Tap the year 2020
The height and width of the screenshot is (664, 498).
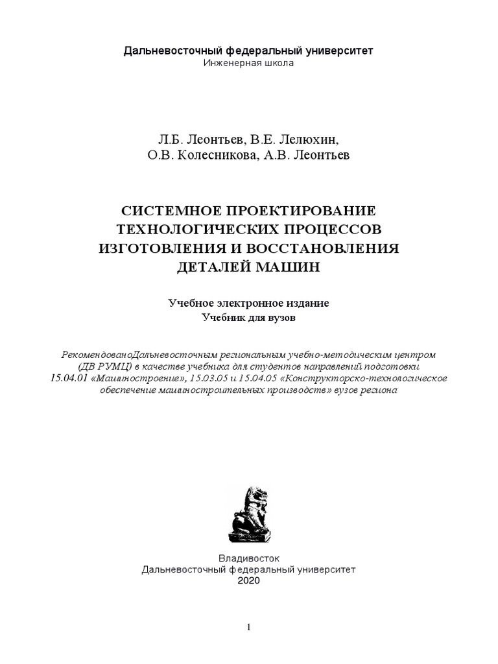(249, 580)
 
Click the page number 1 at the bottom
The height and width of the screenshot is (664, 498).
(249, 627)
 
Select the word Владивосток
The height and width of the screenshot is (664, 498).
(249, 557)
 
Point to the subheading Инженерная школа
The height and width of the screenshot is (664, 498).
(249, 63)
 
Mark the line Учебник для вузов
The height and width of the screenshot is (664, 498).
(249, 318)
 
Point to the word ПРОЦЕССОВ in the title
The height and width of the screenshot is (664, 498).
(329, 230)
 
